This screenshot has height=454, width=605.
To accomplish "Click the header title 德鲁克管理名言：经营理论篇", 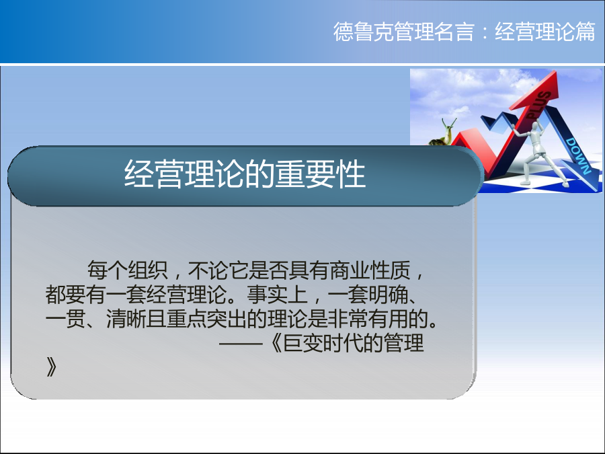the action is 464,32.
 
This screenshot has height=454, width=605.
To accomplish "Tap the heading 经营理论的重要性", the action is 245,174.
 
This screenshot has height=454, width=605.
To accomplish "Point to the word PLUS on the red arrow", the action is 539,105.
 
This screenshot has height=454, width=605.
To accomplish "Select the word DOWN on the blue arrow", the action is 578,156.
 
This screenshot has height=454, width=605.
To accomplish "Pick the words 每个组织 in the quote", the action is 127,270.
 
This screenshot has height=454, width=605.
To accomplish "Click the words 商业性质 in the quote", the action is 370,270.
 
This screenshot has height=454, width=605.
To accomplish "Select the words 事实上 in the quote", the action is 277,295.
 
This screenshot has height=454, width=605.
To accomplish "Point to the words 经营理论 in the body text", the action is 186,295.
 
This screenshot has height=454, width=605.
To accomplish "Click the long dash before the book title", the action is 241,343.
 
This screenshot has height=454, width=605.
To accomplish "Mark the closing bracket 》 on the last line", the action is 51,367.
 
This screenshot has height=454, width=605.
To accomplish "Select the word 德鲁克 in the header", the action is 364,32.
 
